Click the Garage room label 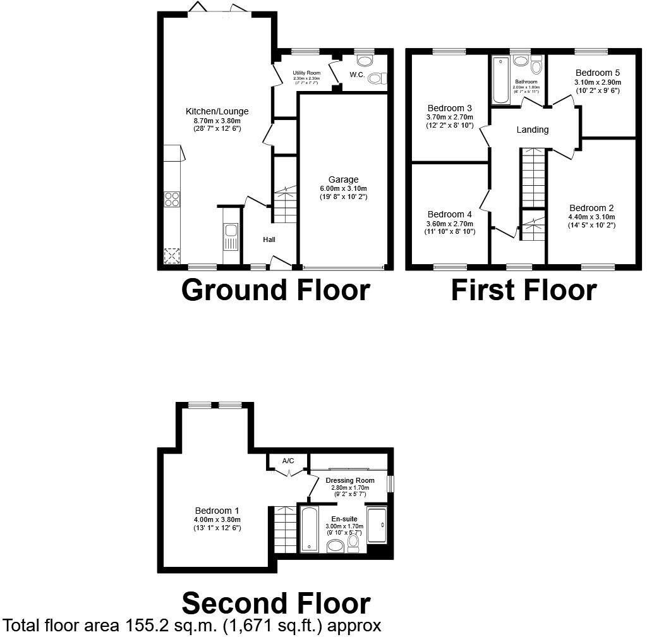click(x=343, y=179)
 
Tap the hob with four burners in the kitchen click(x=171, y=199)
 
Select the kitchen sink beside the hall click(x=231, y=238)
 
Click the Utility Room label click(x=306, y=73)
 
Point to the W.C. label click(x=358, y=75)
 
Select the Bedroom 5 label click(x=598, y=73)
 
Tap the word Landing click(x=532, y=130)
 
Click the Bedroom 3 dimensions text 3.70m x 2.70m click(x=449, y=116)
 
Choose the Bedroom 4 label click(x=449, y=214)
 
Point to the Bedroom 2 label click(x=591, y=208)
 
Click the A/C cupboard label click(x=288, y=461)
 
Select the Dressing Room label click(x=350, y=480)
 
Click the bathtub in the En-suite click(x=309, y=528)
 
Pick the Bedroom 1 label click(x=217, y=511)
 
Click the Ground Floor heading click(x=275, y=290)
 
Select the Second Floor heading click(x=276, y=604)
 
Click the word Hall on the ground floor click(x=269, y=240)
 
